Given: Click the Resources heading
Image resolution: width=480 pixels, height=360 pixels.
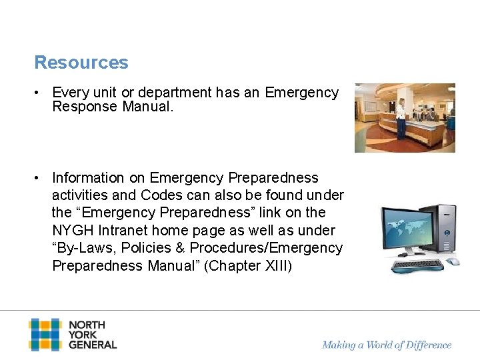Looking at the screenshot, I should coord(81,63).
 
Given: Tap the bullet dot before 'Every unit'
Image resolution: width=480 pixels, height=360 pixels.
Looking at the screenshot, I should coord(39,93).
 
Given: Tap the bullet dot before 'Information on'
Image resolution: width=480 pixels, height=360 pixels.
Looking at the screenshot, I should coord(39,178).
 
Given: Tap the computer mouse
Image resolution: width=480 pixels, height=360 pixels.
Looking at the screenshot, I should coord(453,261).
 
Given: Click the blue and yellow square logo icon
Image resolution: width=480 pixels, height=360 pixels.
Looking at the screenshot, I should coord(45,335).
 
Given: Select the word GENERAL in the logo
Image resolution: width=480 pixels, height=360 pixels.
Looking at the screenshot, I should coord(93,345).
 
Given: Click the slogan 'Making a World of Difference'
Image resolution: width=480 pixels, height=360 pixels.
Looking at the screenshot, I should coord(387,345).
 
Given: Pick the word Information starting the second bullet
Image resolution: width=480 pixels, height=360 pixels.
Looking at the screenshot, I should coord(88,178).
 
